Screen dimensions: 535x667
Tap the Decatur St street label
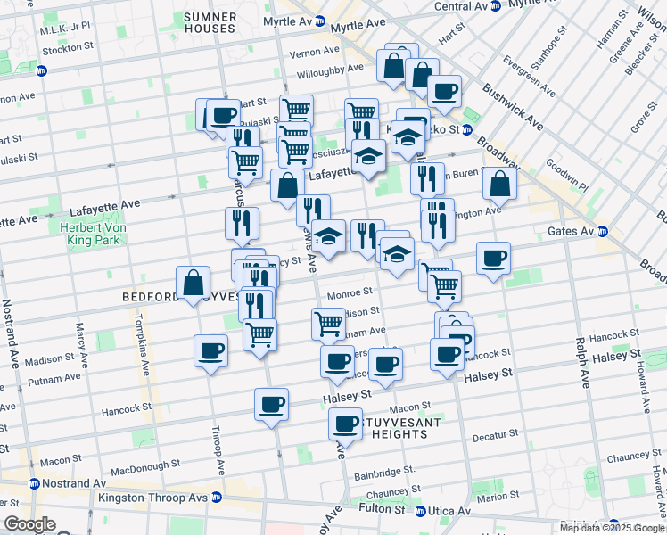pyautogui.click(x=495, y=436)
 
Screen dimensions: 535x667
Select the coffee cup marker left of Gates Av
pyautogui.click(x=493, y=259)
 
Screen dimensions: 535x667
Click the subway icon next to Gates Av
pyautogui.click(x=603, y=232)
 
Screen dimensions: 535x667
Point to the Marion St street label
pyautogui.click(x=498, y=498)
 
